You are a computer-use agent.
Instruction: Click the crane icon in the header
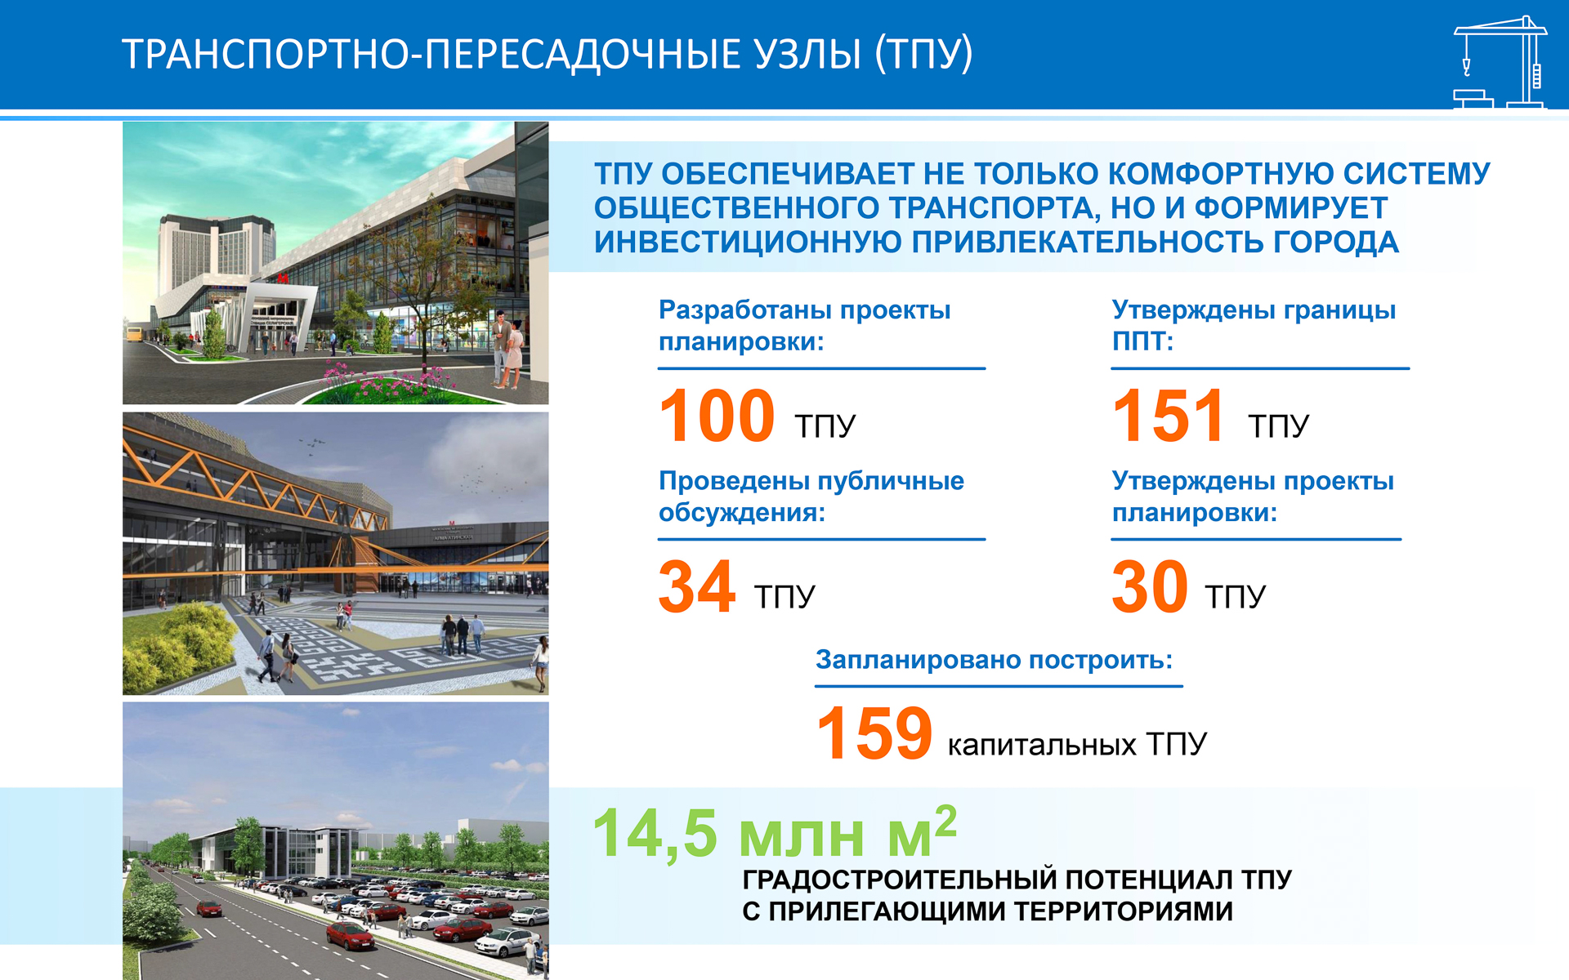[1500, 62]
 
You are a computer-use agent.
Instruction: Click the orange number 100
[717, 416]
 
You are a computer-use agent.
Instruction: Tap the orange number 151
[1169, 416]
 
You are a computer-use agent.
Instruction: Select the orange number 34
[696, 586]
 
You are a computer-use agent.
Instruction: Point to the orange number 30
[1150, 586]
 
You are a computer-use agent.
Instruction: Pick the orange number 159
[874, 733]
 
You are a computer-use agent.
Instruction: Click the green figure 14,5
[655, 834]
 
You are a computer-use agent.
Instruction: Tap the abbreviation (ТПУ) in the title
[924, 55]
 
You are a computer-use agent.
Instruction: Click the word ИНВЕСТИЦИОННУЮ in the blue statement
[748, 243]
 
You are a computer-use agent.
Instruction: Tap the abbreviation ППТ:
[1142, 341]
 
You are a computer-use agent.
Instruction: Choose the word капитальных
[1042, 745]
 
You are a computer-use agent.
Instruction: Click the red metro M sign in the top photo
[282, 278]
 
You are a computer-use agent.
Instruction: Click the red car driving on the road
[208, 908]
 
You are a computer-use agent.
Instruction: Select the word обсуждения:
[742, 514]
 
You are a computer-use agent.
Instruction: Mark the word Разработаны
[746, 311]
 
